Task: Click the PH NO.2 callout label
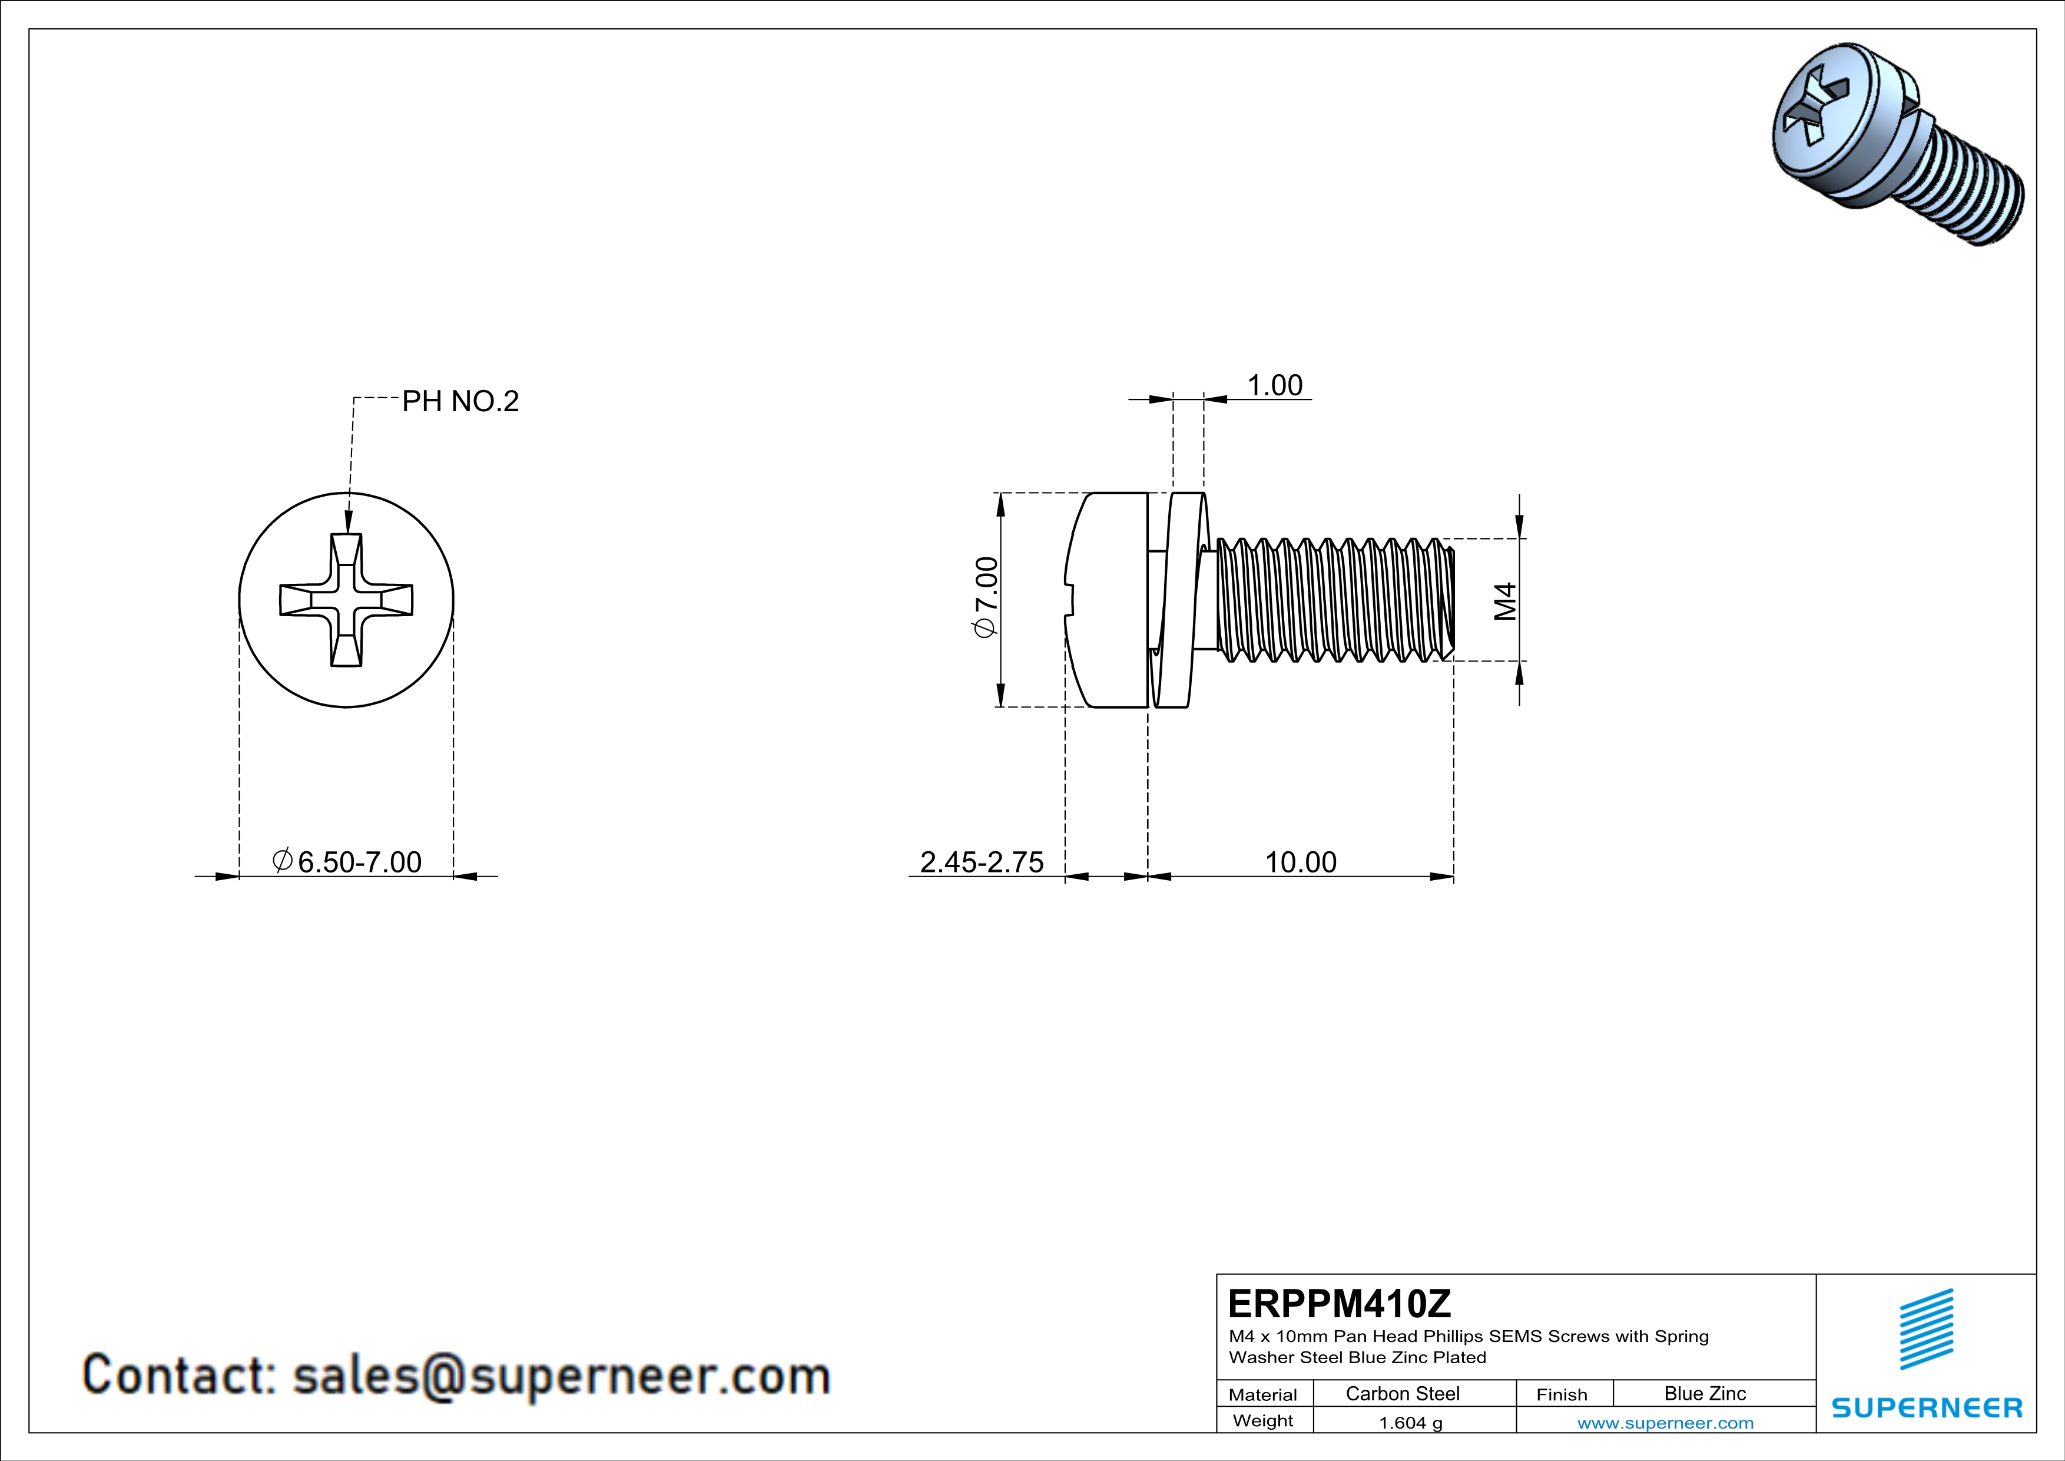coord(460,401)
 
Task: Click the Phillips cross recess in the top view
coord(346,600)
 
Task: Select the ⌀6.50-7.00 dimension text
coord(348,862)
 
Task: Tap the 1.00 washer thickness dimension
coord(1274,386)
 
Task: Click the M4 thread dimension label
coord(1504,601)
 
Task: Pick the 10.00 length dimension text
coord(1301,862)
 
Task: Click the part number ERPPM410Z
coord(1339,1303)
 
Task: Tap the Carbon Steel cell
coord(1402,1393)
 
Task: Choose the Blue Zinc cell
coord(1704,1393)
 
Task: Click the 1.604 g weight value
coord(1410,1422)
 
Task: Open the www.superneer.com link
coord(1665,1422)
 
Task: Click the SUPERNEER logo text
coord(1927,1408)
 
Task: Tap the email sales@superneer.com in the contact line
coord(561,1376)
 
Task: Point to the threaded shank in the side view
coord(1335,600)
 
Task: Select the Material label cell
coord(1263,1394)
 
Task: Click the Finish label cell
coord(1562,1394)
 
